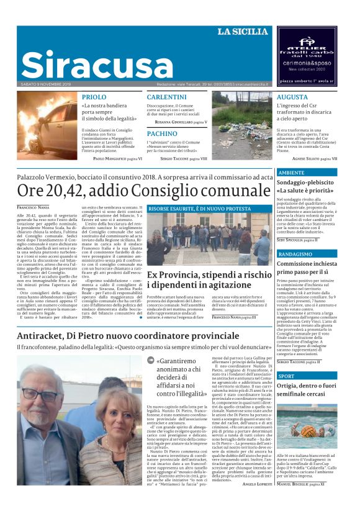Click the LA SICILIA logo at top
(x=243, y=32)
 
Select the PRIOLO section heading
(x=94, y=97)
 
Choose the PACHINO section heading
(x=162, y=133)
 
